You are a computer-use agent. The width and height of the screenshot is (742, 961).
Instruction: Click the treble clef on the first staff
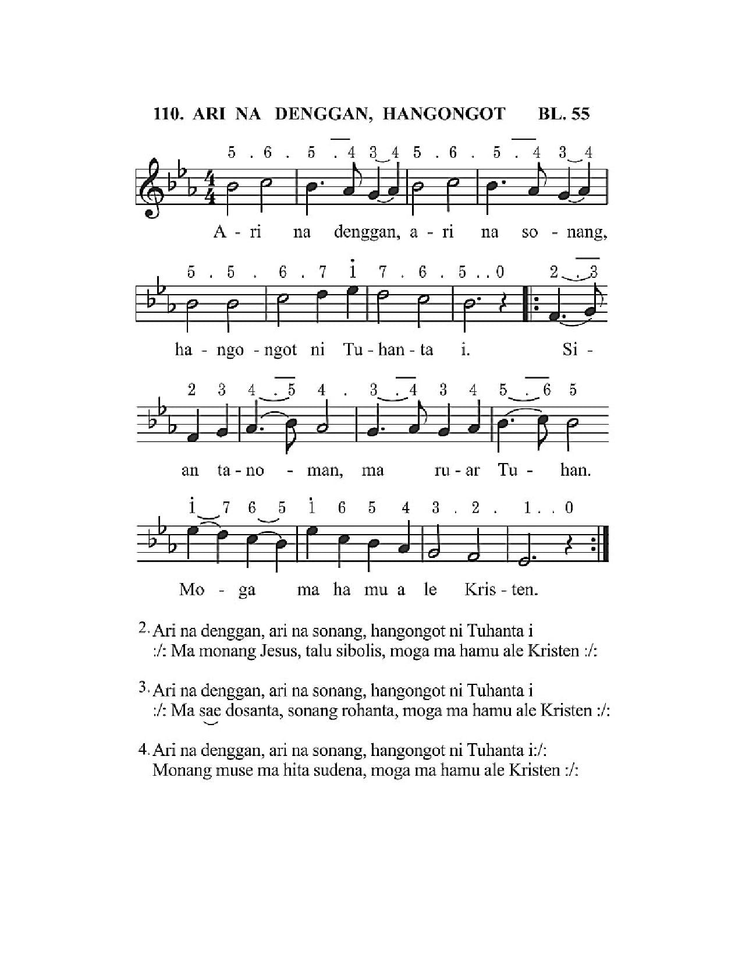tap(153, 188)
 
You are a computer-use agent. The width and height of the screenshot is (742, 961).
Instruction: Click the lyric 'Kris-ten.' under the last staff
tap(501, 589)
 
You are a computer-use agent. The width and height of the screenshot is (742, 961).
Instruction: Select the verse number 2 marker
tap(143, 628)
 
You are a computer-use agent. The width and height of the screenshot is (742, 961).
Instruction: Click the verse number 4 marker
tap(143, 749)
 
